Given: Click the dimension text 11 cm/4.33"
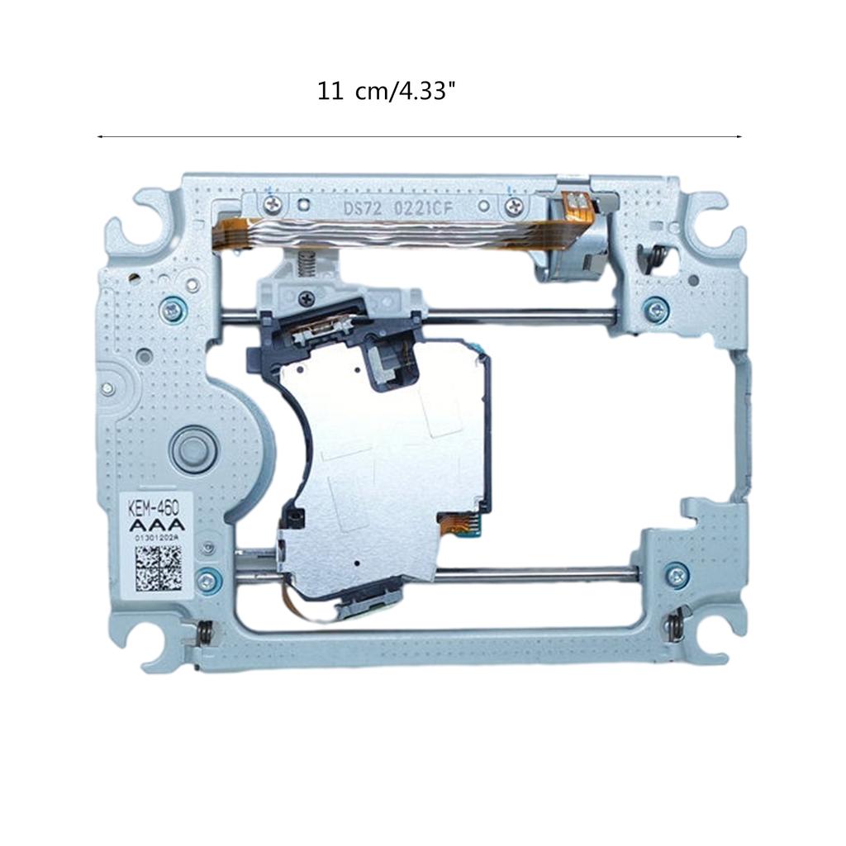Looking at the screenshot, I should tap(387, 91).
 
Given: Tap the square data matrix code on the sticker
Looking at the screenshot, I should tap(158, 565).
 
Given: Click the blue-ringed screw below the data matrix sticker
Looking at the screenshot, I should tap(208, 582).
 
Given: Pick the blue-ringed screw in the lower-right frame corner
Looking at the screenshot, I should tap(676, 573).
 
